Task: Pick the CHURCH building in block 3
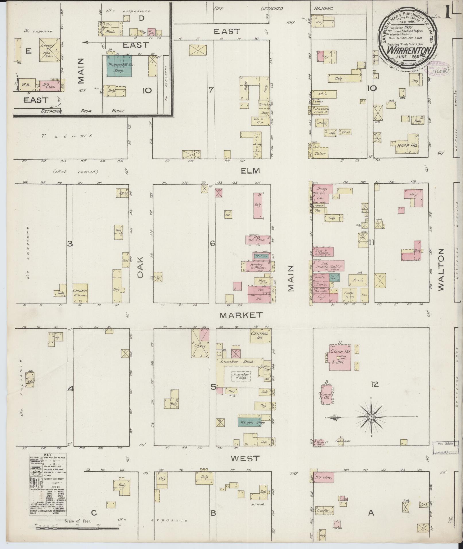(80, 292)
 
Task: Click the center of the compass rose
(371, 416)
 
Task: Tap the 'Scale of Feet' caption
(78, 521)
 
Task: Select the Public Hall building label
(329, 266)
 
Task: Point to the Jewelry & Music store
(256, 266)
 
